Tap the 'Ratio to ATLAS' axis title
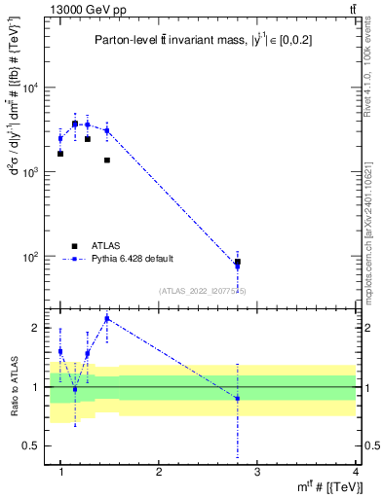14,386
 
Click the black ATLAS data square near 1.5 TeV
106,160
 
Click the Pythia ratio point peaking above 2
106,318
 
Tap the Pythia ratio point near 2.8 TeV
238,399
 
